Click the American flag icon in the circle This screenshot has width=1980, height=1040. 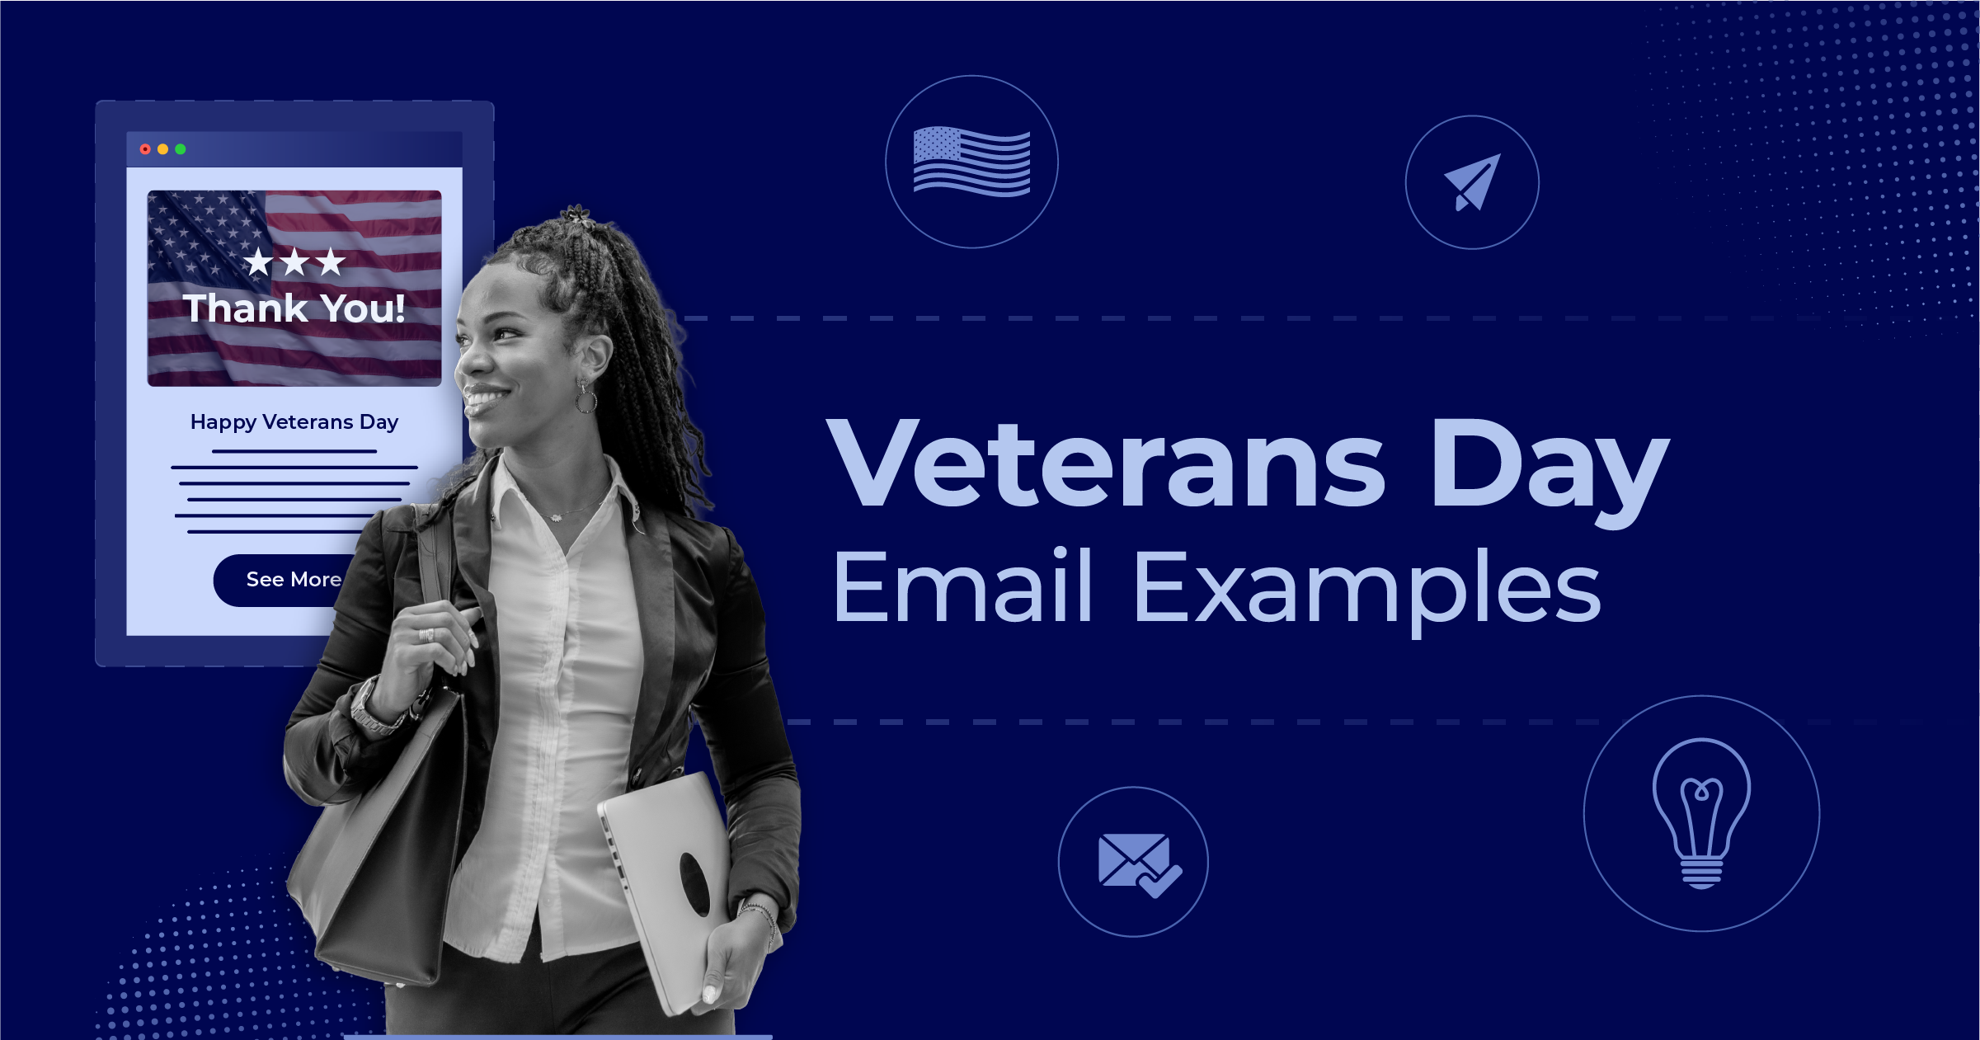(x=971, y=162)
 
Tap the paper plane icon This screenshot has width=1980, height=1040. (x=1473, y=182)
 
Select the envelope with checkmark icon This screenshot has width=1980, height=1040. (x=1138, y=864)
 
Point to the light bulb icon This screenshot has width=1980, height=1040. (x=1701, y=812)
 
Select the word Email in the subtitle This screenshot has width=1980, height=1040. (x=962, y=587)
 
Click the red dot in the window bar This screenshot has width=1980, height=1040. (x=145, y=149)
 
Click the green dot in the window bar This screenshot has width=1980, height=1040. (x=181, y=149)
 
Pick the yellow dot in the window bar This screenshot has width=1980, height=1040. (x=162, y=149)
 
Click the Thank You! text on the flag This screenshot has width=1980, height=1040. (x=294, y=308)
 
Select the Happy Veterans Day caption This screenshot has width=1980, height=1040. (x=294, y=422)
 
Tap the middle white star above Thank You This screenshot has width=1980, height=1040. (x=294, y=262)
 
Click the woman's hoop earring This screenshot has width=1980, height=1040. (x=586, y=400)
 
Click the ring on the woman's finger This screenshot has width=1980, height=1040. (x=426, y=634)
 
